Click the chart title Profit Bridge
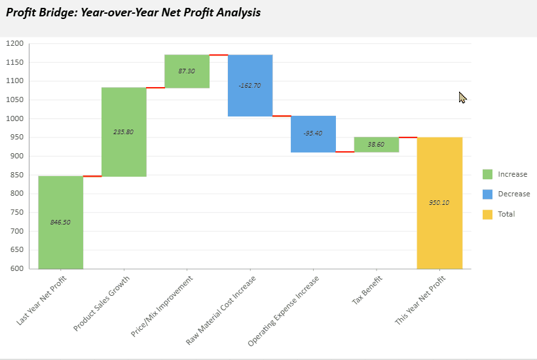[x=133, y=12]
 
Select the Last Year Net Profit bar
[x=60, y=196]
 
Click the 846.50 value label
[x=60, y=222]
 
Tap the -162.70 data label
[x=250, y=85]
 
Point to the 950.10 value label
[x=439, y=202]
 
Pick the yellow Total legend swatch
[x=487, y=214]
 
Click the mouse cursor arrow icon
[x=462, y=98]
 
